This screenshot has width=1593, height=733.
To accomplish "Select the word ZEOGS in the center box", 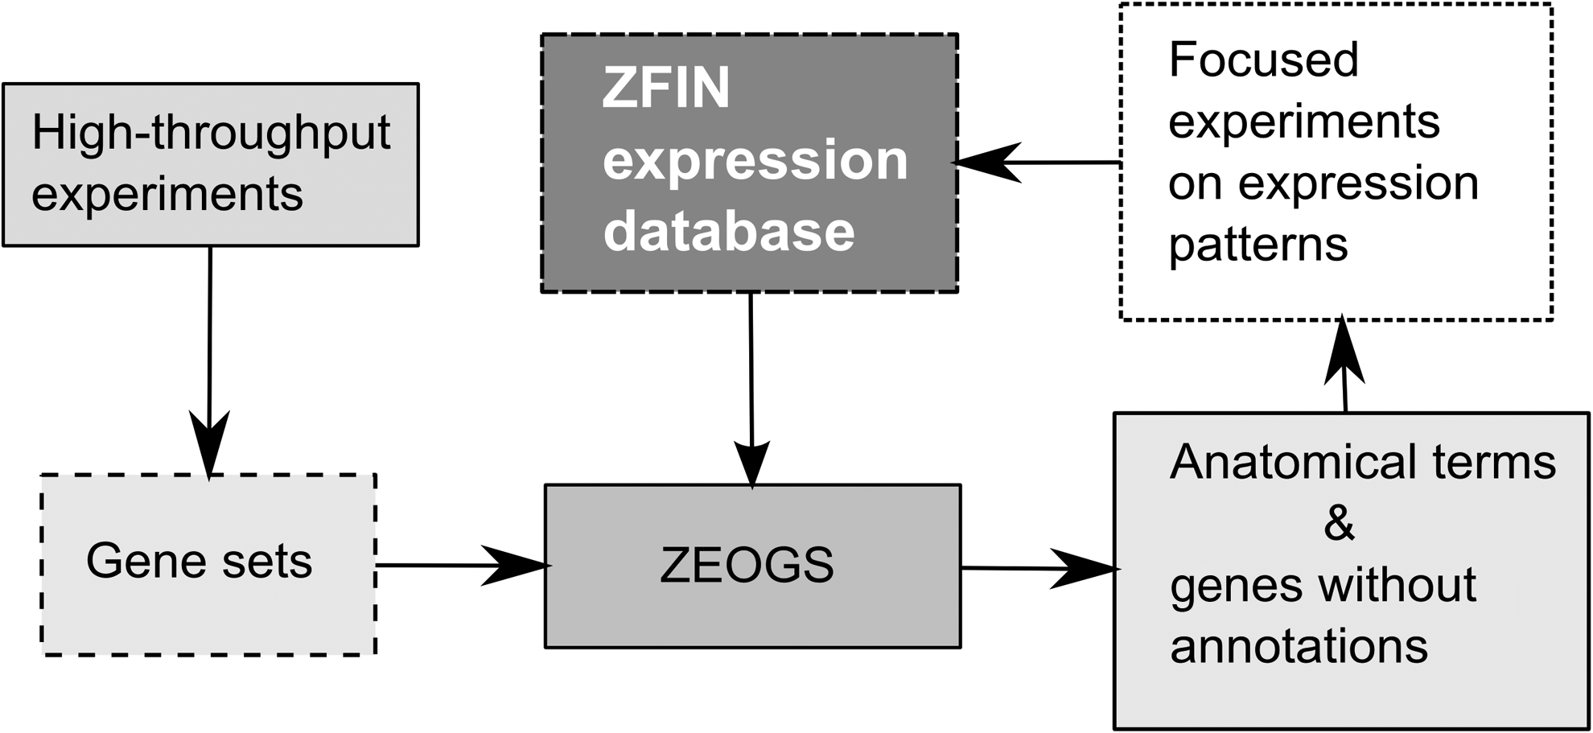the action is pos(747,565).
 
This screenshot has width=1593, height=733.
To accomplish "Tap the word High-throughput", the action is pos(211,134).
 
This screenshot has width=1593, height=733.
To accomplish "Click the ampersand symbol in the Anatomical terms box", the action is pos(1339,524).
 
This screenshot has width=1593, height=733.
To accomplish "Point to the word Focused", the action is pos(1263,60).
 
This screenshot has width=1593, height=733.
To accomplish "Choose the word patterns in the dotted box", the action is pos(1258,245).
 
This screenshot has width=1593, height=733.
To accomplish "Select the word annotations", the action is pos(1299,646).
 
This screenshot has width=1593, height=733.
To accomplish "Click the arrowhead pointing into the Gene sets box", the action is pos(209,445).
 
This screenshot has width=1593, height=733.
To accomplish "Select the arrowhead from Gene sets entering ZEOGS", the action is pos(516,565).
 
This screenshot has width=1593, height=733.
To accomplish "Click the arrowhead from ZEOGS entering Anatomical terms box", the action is pos(1085,569).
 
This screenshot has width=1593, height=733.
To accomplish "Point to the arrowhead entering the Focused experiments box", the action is pos(1344,349).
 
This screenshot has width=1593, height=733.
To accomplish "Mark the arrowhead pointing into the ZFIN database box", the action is pos(987,163).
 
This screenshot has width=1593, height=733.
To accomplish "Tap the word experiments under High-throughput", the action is pos(167,196).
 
